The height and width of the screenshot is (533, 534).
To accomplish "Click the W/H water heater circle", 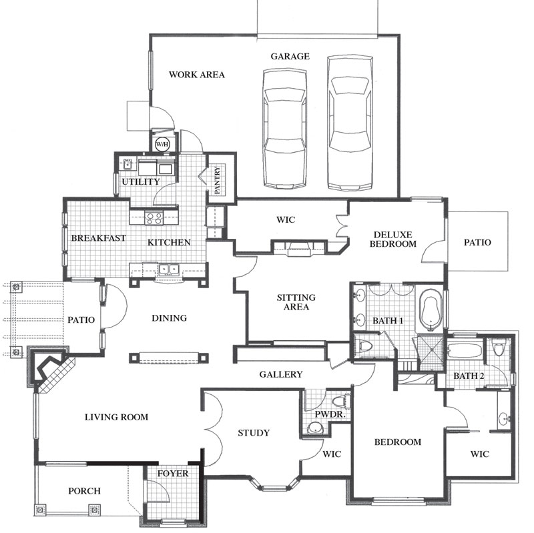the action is (162, 144).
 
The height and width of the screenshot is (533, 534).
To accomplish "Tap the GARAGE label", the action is (290, 56).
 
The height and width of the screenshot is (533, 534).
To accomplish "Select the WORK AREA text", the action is (197, 75).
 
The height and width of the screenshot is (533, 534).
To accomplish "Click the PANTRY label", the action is (218, 179).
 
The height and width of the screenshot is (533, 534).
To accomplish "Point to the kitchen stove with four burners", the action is (154, 218).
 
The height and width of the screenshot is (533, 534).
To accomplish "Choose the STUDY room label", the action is (254, 433).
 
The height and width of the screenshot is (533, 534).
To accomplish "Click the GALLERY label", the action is (281, 374).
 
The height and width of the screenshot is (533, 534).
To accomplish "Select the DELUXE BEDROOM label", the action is (393, 239).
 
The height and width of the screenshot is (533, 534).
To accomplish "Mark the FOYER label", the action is (173, 474).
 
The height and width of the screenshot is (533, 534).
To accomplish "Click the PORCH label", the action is (85, 491).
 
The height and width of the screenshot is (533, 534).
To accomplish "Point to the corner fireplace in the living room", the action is (52, 370).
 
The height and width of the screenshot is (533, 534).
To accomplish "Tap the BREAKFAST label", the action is (98, 238).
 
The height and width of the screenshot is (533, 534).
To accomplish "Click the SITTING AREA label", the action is (296, 302).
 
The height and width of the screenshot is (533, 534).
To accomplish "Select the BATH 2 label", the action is (469, 376).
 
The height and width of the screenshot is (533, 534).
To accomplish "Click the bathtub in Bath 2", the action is (465, 351).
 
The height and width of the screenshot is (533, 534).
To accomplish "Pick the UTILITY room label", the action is (141, 181).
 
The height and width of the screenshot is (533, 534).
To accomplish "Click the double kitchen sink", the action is (170, 270).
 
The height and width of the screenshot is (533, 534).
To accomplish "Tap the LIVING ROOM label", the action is (116, 417).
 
